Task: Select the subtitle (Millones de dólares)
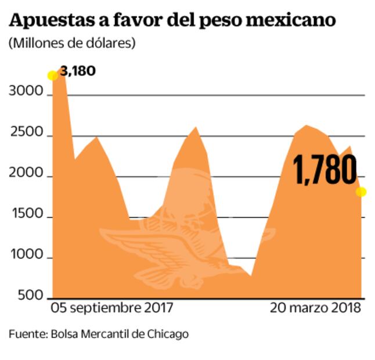72,44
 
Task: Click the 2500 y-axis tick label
26,133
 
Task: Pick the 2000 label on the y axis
26,174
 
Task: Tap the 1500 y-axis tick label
26,214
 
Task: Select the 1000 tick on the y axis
26,255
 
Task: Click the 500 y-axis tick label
29,296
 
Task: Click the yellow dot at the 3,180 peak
52,75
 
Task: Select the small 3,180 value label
77,71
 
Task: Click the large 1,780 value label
324,170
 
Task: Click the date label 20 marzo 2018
316,308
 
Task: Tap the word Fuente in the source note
27,334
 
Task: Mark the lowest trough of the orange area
251,275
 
